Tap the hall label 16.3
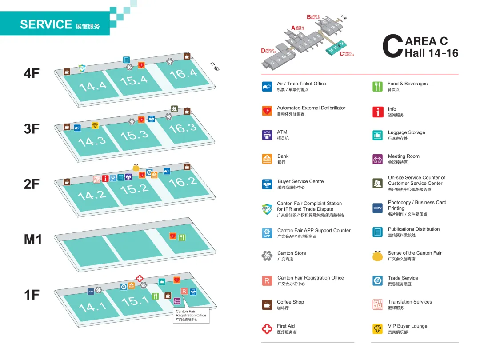click(183, 128)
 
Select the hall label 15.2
click(134, 189)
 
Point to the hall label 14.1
click(92, 307)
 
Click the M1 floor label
click(33, 240)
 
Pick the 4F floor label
click(32, 73)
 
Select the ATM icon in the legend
click(267, 135)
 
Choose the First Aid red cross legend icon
click(267, 329)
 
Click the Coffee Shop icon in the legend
click(267, 305)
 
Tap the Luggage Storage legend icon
click(377, 135)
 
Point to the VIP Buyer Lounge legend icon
click(377, 329)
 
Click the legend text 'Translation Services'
click(410, 302)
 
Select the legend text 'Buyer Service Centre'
click(300, 181)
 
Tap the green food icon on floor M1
click(182, 237)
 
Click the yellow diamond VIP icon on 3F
click(95, 125)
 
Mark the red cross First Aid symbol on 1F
click(140, 279)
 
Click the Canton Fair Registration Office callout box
click(191, 315)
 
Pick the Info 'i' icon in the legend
click(377, 112)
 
